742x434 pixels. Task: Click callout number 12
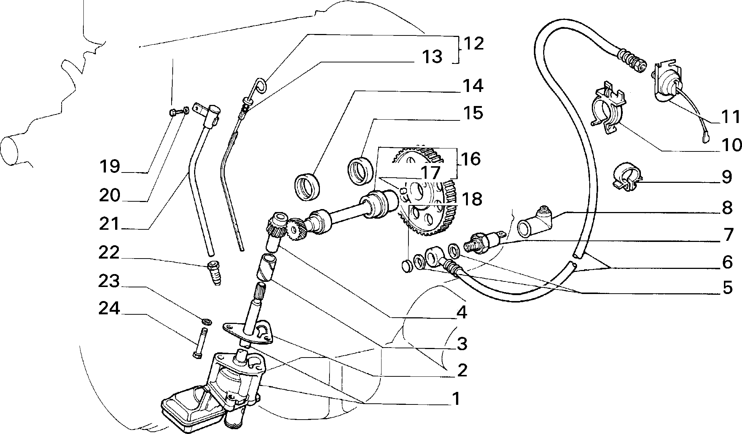pos(473,44)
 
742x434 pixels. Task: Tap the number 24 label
pos(109,308)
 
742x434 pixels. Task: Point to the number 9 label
pos(727,177)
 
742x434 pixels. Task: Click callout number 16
pos(470,159)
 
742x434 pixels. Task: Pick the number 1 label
pos(456,399)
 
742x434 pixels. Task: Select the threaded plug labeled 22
pos(214,273)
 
